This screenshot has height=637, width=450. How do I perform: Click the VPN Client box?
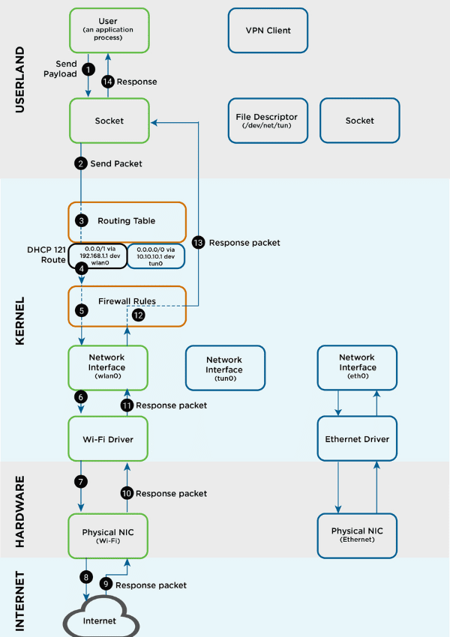(268, 31)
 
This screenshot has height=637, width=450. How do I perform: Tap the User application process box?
(109, 31)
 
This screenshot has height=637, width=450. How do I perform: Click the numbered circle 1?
(88, 68)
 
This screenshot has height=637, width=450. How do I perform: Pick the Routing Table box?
(127, 221)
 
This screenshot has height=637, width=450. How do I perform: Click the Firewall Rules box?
(127, 306)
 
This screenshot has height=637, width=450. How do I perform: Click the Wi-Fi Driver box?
(109, 438)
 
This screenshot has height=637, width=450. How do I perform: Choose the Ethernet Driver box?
(357, 438)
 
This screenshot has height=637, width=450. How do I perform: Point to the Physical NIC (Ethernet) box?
(357, 535)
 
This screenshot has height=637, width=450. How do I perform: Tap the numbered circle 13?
(198, 243)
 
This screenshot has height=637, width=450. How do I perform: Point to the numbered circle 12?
(138, 316)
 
